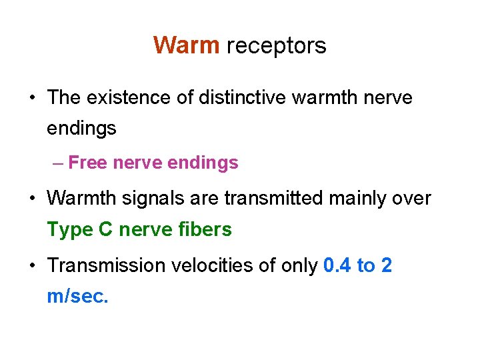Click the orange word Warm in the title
click(x=186, y=45)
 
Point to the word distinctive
click(x=241, y=97)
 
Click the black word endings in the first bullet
click(x=81, y=129)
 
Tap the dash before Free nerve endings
click(x=58, y=163)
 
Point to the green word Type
click(x=69, y=231)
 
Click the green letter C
click(x=105, y=230)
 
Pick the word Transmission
click(x=103, y=265)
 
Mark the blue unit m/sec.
click(x=77, y=297)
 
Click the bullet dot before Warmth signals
click(x=33, y=199)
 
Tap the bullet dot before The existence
click(x=33, y=98)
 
